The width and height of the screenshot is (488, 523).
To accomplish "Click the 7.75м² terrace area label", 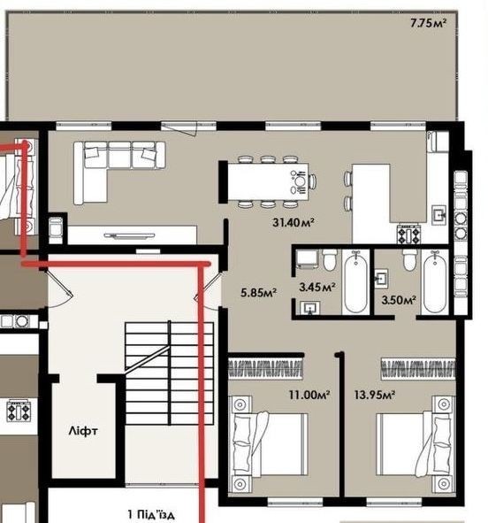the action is (x=428, y=23).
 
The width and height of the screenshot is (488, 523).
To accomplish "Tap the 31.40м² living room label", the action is (x=294, y=222).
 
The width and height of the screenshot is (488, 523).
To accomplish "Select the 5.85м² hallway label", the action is (x=258, y=293).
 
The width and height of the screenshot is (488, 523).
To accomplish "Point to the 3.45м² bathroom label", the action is (x=316, y=287).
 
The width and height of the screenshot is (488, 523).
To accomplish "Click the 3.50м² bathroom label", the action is (x=399, y=300).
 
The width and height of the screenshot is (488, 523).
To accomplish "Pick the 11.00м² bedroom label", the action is (x=309, y=396).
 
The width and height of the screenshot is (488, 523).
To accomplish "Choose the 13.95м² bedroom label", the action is (x=375, y=396).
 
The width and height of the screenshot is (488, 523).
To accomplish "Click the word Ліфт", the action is (x=83, y=431).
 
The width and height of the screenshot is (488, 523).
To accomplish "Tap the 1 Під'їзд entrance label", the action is (x=151, y=514).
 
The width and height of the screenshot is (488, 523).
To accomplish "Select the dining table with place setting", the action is (x=268, y=181).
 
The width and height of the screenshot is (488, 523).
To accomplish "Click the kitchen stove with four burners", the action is (x=408, y=234).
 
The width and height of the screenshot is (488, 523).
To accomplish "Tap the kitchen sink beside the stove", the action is (x=439, y=215).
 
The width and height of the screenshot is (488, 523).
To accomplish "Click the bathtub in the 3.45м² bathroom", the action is (x=355, y=281).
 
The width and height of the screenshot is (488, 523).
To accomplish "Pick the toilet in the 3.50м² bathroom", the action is (x=409, y=260).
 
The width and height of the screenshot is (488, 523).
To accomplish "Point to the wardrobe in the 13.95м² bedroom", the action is (x=418, y=369).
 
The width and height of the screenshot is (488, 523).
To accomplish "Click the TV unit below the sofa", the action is (x=132, y=235).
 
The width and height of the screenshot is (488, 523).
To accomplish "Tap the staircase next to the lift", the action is (x=170, y=373).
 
